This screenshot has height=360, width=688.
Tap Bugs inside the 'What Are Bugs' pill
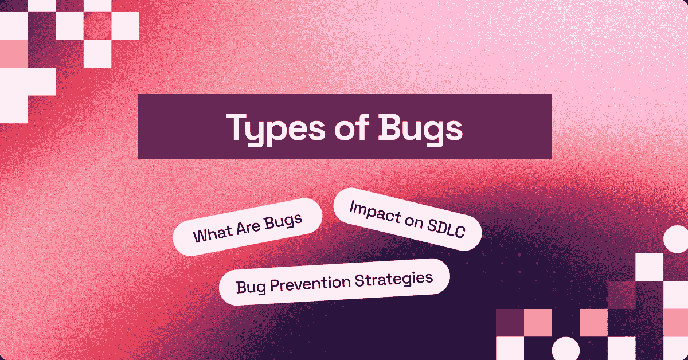click(x=283, y=222)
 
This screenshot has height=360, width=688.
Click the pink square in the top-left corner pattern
click(x=14, y=53)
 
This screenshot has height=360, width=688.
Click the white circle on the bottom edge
click(x=565, y=349)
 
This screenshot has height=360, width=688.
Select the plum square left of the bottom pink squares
click(x=509, y=323)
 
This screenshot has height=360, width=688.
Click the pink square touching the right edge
click(x=677, y=323)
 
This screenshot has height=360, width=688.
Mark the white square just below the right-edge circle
click(x=649, y=267)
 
